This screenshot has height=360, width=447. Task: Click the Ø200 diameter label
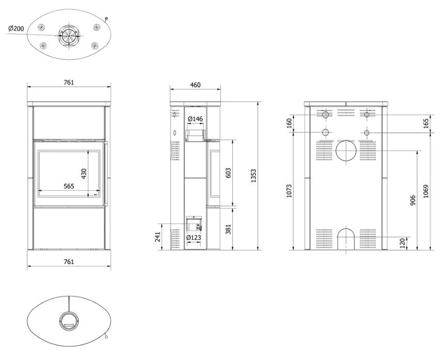[x=16, y=28]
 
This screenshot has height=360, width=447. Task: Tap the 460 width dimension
[x=195, y=85]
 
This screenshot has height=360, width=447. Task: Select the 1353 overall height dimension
[x=253, y=176]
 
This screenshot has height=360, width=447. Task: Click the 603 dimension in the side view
[x=228, y=173]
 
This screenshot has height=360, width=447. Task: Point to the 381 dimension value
[x=228, y=229]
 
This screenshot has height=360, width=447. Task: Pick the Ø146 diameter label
[x=196, y=119]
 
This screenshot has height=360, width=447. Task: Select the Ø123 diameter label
[x=194, y=238]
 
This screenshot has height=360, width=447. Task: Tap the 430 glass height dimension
[x=84, y=174]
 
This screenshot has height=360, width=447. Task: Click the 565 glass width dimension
[x=69, y=186]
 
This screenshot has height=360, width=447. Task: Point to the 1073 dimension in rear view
[x=289, y=191]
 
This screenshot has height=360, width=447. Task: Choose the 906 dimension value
[x=413, y=200]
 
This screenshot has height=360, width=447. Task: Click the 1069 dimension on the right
[x=426, y=191]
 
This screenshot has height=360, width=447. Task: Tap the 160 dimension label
[x=289, y=123]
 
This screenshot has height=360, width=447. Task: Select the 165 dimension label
[x=426, y=124]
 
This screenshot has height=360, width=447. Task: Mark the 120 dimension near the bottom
[x=402, y=243]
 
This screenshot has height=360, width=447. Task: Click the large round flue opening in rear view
[x=346, y=151]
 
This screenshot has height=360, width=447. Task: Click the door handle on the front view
[x=106, y=173]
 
